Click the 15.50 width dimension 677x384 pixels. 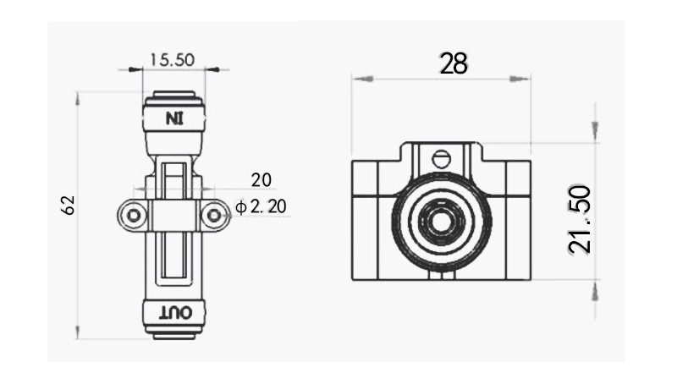(172, 59)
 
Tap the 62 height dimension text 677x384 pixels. (69, 205)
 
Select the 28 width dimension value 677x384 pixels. (454, 63)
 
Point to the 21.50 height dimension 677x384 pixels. (581, 219)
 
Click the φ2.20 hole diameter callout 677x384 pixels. (264, 206)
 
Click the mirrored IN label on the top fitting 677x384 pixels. (173, 118)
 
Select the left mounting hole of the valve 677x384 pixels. (131, 217)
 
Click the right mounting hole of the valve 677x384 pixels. (214, 217)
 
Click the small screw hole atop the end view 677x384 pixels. (440, 157)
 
